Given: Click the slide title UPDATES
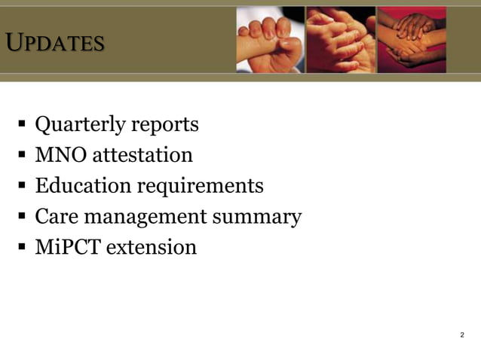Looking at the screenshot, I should (54, 43).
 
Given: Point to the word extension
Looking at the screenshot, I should (151, 247).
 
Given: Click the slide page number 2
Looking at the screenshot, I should (461, 335).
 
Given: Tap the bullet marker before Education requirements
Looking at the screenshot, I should (23, 186).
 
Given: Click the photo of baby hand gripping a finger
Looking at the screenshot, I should (270, 39).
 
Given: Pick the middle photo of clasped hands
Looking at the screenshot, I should (340, 39).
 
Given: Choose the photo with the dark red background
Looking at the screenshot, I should (411, 39).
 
